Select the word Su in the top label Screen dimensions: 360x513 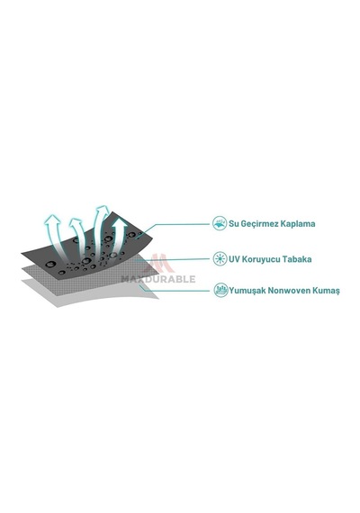(x=234, y=224)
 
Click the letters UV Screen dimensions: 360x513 (x=234, y=259)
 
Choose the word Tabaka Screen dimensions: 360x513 (x=297, y=259)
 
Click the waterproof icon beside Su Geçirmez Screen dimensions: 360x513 (x=220, y=223)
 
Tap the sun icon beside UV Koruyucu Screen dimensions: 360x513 (x=220, y=259)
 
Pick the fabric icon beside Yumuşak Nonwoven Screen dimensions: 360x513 (x=220, y=290)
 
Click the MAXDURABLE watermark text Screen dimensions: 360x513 (x=158, y=279)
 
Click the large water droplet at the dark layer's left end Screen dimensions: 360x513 (x=50, y=265)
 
